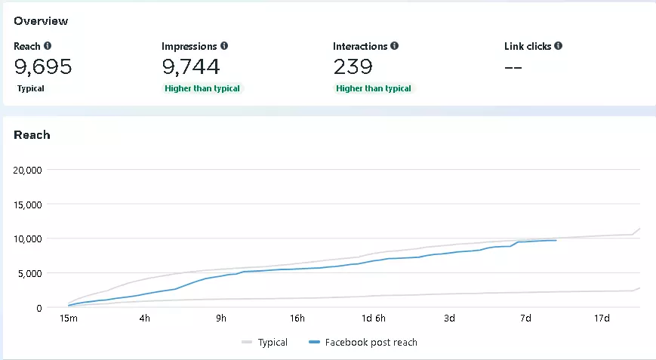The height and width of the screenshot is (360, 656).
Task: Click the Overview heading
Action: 40,20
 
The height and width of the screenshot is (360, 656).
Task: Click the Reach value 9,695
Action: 43,67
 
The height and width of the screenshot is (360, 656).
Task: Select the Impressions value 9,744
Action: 191,67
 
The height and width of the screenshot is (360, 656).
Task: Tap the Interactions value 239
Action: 353,67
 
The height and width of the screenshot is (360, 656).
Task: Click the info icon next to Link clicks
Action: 558,46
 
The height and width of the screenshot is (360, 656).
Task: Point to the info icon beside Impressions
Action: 224,46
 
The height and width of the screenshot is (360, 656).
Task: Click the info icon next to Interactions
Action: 395,46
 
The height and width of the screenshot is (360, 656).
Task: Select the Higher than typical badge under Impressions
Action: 202,88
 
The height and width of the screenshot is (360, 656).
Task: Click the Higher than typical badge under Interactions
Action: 374,88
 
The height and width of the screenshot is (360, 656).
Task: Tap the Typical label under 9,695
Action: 31,88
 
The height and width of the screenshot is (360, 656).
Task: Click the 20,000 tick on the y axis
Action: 28,170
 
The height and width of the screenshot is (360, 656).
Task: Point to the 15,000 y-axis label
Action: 28,204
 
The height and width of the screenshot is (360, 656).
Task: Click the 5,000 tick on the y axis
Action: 31,273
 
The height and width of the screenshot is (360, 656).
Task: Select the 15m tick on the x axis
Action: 68,318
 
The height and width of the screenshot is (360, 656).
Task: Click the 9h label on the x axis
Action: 220,318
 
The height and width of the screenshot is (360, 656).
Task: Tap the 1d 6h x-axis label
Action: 373,318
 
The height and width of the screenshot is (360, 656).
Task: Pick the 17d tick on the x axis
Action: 602,318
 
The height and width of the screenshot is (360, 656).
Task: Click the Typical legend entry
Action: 265,343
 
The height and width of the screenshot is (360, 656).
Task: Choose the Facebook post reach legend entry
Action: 363,343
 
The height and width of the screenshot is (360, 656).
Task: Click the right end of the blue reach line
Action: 556,240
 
